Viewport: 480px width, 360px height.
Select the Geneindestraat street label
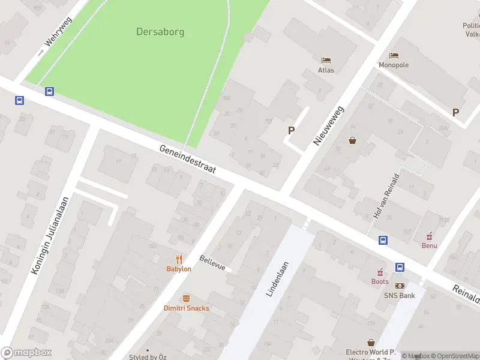pyautogui.click(x=188, y=160)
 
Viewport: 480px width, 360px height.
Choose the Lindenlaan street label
pyautogui.click(x=277, y=279)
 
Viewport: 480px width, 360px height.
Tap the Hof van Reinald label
pyautogui.click(x=386, y=196)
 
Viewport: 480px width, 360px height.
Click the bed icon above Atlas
pyautogui.click(x=326, y=60)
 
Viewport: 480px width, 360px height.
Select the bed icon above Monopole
pyautogui.click(x=394, y=55)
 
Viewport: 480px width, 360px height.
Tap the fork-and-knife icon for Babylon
pyautogui.click(x=179, y=259)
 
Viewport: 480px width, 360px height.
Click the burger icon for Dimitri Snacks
pyautogui.click(x=186, y=298)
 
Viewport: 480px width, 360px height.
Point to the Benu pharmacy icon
pyautogui.click(x=429, y=236)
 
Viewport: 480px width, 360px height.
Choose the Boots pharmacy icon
pyautogui.click(x=380, y=272)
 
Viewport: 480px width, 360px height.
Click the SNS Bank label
pyautogui.click(x=400, y=295)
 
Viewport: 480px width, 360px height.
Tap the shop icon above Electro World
pyautogui.click(x=371, y=343)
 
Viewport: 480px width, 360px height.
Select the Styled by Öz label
pyautogui.click(x=148, y=357)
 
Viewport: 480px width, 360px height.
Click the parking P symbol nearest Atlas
pyautogui.click(x=292, y=130)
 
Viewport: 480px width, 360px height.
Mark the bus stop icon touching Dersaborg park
pyautogui.click(x=49, y=92)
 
